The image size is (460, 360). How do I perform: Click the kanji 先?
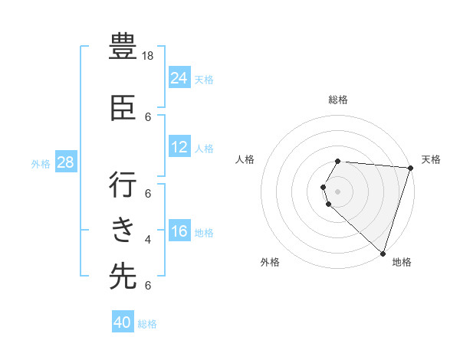(x=123, y=277)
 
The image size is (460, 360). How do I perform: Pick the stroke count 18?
(x=149, y=56)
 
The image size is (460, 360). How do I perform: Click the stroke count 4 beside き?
(x=148, y=240)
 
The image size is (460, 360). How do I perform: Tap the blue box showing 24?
(x=179, y=77)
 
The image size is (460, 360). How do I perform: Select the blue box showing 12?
(x=179, y=147)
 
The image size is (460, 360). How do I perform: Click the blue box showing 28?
(x=65, y=162)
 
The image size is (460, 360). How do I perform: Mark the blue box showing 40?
(x=123, y=322)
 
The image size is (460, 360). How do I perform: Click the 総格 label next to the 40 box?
(x=147, y=324)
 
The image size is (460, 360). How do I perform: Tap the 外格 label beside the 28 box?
(x=41, y=163)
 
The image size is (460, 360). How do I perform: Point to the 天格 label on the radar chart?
(x=431, y=159)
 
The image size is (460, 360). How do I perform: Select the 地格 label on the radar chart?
(x=402, y=262)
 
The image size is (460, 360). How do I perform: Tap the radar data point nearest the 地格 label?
(x=383, y=253)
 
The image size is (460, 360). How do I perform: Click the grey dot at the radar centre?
(x=337, y=191)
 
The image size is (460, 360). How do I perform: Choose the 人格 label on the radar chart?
(x=245, y=159)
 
